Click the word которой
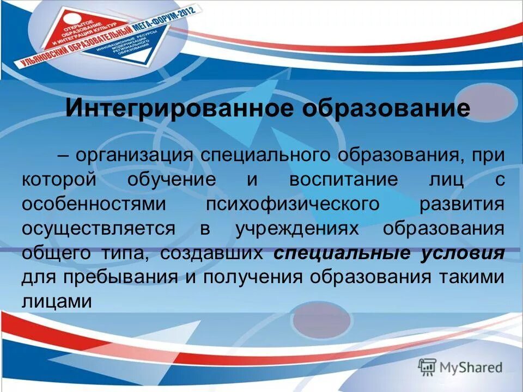pyautogui.click(x=59, y=180)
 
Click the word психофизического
pyautogui.click(x=293, y=204)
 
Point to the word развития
pyautogui.click(x=461, y=204)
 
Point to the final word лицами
pyautogui.click(x=56, y=302)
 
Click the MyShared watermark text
pyautogui.click(x=471, y=367)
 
